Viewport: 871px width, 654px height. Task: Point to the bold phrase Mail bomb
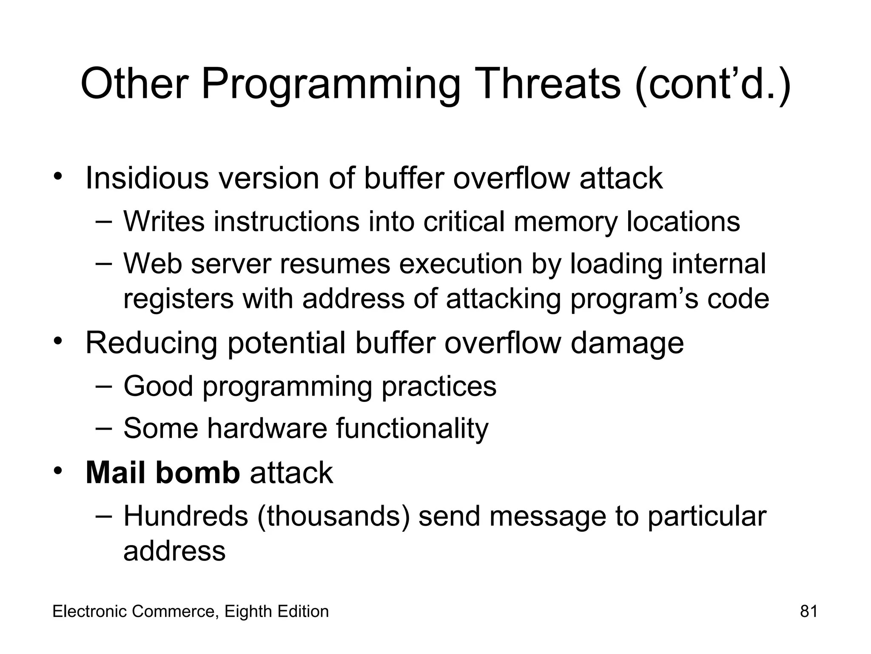pyautogui.click(x=163, y=473)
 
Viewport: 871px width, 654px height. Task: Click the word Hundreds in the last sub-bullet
pyautogui.click(x=185, y=516)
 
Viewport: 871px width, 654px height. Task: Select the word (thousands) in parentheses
pyautogui.click(x=333, y=516)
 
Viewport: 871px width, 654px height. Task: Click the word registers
pyautogui.click(x=178, y=299)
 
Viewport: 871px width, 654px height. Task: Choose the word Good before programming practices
pyautogui.click(x=158, y=386)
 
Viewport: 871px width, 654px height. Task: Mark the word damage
pyautogui.click(x=627, y=343)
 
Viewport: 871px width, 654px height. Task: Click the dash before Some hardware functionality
pyautogui.click(x=103, y=427)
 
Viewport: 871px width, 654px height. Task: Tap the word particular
pyautogui.click(x=707, y=516)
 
